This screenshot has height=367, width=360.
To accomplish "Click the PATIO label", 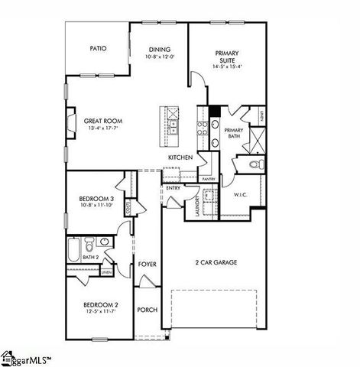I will point(98,48).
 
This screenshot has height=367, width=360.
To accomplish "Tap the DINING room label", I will point(160,48).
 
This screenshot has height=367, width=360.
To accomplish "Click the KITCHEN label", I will point(180,158).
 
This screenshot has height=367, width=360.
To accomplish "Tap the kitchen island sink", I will point(173,125).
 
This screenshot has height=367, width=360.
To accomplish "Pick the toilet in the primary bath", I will point(256,164).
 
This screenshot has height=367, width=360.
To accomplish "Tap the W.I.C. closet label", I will point(241,195).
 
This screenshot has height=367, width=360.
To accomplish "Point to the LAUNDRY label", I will point(197,206).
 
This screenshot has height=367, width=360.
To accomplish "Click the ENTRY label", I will point(173,187).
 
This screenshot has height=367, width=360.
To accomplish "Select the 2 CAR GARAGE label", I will point(216,262).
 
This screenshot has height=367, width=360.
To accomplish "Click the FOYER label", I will point(148,265).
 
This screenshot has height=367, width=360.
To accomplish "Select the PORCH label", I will point(147,310).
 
